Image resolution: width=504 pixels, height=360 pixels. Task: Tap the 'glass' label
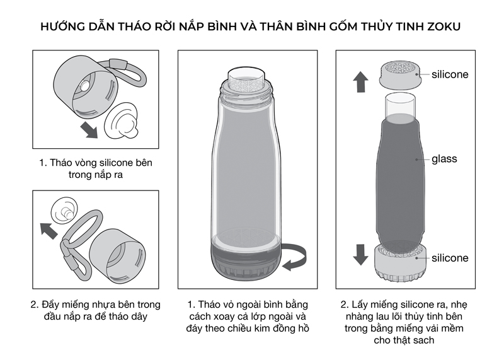click(444, 159)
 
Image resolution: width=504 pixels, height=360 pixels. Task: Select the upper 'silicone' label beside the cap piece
click(450, 74)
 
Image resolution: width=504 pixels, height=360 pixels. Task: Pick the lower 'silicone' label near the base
click(450, 258)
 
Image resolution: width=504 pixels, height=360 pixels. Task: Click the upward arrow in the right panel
click(360, 82)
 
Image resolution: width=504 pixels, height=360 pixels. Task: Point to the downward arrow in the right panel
click(360, 255)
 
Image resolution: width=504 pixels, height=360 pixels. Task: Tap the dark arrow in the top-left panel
click(89, 130)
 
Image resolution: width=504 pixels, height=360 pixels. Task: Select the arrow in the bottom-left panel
click(49, 231)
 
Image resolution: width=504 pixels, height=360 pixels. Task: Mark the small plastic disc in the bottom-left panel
click(65, 211)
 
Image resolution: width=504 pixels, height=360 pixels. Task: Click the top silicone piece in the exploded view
click(401, 76)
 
